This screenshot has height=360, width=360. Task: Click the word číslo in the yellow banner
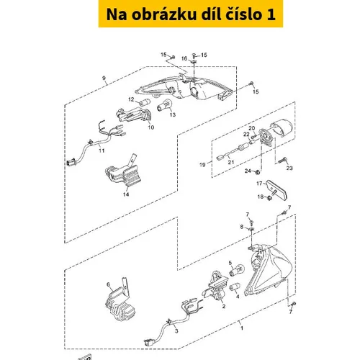click(x=243, y=14)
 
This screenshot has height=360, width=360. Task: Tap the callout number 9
click(x=104, y=78)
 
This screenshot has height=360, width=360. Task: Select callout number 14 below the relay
click(x=126, y=194)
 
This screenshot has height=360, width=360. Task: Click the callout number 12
click(x=131, y=99)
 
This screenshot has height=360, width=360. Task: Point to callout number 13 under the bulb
click(x=173, y=114)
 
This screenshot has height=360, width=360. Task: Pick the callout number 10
click(x=151, y=127)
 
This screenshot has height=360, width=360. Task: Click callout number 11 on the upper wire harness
click(x=102, y=150)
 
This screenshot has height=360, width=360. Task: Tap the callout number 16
click(x=184, y=58)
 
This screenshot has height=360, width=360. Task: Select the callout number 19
click(x=202, y=165)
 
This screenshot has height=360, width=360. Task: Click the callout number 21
click(x=231, y=162)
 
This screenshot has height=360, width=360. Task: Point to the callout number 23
click(x=289, y=168)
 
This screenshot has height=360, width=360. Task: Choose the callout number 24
click(x=248, y=171)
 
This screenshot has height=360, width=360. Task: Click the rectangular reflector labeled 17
click(x=276, y=190)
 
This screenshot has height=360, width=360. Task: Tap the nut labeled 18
click(x=269, y=198)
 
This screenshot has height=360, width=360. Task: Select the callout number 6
click(x=108, y=284)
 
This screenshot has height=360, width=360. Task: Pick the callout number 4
click(x=238, y=297)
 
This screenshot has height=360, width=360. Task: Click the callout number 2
click(x=224, y=306)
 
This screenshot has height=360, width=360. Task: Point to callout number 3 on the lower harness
click(x=176, y=331)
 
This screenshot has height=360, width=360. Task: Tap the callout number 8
click(x=242, y=227)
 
